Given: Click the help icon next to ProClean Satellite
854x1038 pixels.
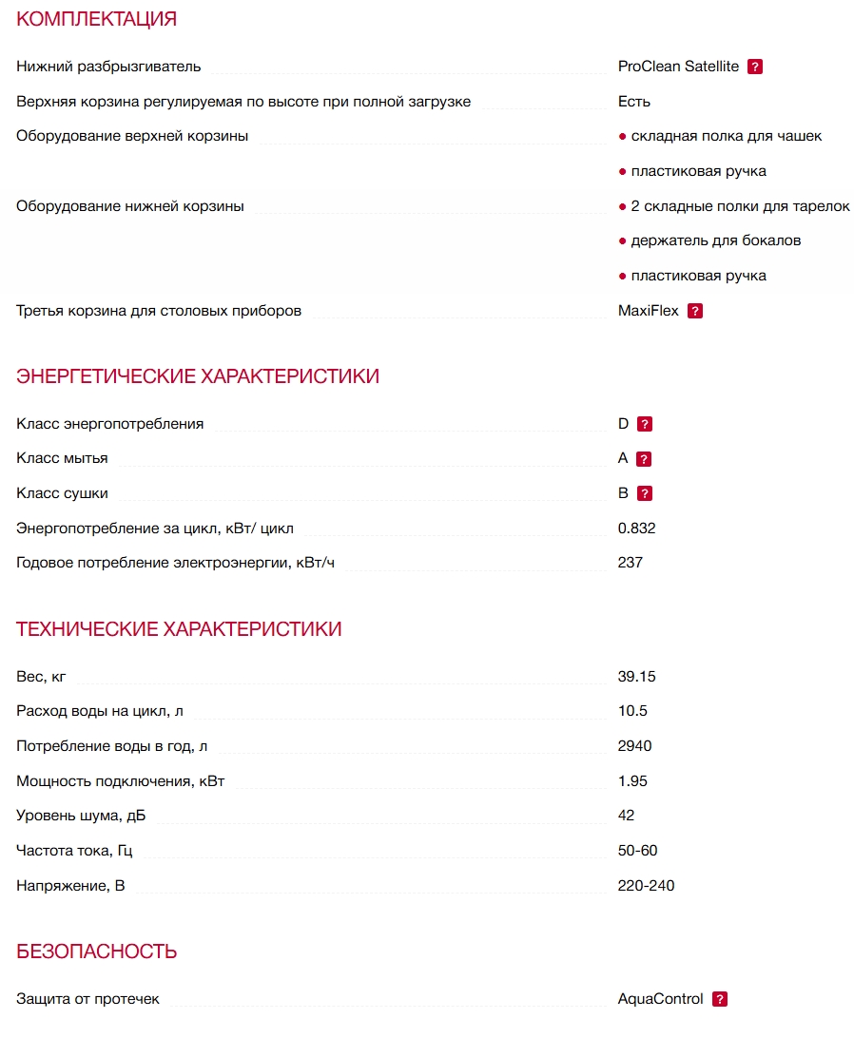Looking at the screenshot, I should (755, 67).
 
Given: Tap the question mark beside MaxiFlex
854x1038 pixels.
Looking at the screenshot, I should (695, 311).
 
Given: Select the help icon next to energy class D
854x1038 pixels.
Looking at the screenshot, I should (645, 424).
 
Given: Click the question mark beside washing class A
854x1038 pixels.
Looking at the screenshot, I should (644, 459).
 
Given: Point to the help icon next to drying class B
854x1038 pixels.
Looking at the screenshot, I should (645, 493).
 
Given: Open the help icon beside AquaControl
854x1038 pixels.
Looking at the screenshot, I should (720, 999).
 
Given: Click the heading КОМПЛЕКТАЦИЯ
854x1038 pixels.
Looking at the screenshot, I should (97, 19).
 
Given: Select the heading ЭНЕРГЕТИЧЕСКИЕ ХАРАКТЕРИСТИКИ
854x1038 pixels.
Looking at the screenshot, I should (198, 376).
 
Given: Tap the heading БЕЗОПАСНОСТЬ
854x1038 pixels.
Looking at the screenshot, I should (97, 951).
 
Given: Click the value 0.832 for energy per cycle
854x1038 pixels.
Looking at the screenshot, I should (636, 529).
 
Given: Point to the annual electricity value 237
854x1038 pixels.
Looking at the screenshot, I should (631, 563).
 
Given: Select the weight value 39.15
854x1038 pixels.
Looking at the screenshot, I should (636, 677).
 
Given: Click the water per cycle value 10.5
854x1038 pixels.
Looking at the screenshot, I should (632, 711).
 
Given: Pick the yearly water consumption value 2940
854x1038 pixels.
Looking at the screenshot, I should (634, 746).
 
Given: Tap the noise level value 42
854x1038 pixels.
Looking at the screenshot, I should (626, 816).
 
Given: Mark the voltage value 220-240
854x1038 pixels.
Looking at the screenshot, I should (646, 886).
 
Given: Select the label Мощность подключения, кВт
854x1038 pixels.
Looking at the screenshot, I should (121, 781).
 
